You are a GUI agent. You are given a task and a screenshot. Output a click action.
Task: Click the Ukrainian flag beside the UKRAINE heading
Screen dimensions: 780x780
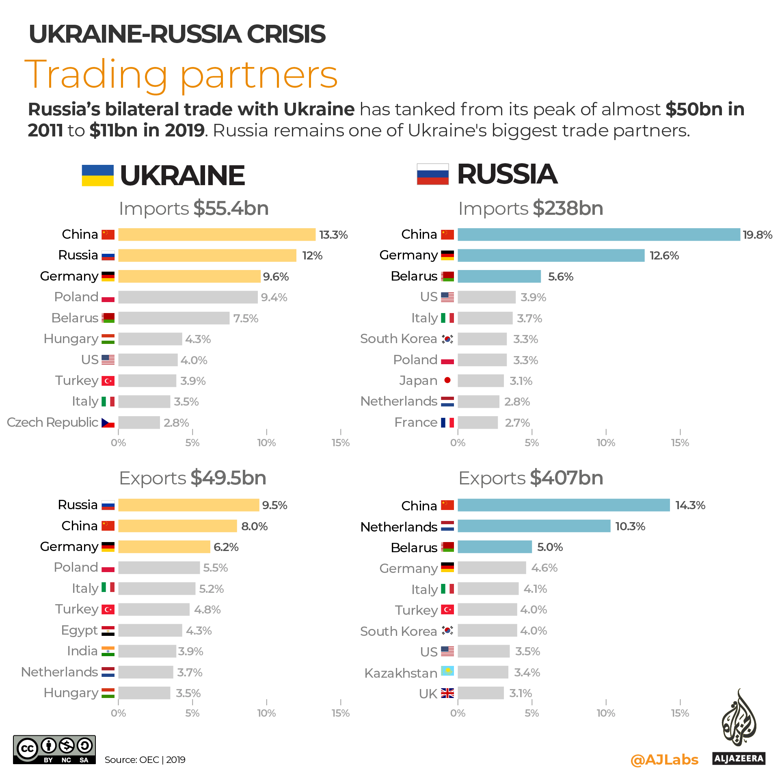coord(97,175)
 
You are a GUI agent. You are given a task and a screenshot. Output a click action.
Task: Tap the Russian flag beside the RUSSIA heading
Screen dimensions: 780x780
coord(432,174)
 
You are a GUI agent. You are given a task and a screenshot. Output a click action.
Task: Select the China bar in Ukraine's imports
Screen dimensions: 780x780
coord(216,234)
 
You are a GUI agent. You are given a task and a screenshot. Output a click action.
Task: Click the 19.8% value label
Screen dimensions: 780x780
coord(757,235)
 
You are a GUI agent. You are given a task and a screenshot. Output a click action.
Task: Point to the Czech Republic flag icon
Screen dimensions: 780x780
coord(108,423)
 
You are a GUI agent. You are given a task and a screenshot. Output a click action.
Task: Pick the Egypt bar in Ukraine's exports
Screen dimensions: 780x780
coord(150,630)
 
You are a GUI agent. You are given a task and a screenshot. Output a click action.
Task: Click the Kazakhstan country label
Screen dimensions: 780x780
coord(401,673)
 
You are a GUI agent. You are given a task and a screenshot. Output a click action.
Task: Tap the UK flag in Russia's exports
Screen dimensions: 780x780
coord(447,693)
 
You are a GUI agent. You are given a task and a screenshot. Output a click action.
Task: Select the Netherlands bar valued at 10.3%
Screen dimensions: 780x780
coord(534,526)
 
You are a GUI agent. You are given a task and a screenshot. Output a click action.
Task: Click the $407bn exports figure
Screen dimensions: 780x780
coord(566,478)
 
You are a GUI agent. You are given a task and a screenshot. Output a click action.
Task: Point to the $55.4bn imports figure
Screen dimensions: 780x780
coord(231,208)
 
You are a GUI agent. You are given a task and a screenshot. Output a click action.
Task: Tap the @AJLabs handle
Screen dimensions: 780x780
coord(664,759)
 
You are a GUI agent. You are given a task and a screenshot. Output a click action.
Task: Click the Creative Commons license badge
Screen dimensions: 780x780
coord(54,750)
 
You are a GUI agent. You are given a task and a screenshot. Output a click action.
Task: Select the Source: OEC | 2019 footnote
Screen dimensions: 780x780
coord(145,760)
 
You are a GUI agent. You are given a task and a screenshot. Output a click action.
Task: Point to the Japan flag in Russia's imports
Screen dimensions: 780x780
coord(447,380)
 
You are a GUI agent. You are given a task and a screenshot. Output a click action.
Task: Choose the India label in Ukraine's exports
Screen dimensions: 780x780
coord(82,651)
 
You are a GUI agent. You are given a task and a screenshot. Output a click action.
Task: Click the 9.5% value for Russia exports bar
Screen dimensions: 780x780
coord(274,505)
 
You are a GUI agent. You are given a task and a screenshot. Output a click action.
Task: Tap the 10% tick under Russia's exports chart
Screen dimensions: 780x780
coord(605,713)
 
